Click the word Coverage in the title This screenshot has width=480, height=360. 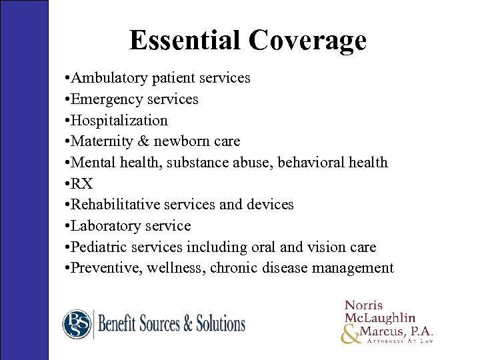click(307, 40)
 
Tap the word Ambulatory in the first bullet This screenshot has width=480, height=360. click(111, 78)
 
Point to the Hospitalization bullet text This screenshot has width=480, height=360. click(121, 121)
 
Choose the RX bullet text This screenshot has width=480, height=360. click(83, 184)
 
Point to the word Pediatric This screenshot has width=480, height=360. click(101, 247)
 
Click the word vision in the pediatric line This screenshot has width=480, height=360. click(324, 247)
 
